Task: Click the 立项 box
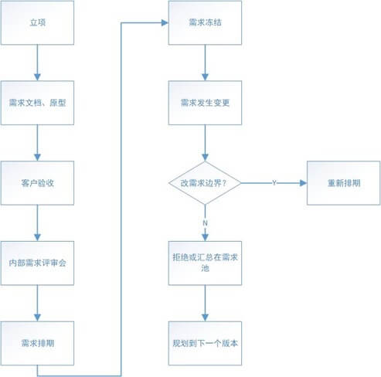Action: tap(37, 22)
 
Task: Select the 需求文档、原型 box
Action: tap(37, 103)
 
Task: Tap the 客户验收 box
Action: tap(37, 183)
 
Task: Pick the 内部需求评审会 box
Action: tap(37, 263)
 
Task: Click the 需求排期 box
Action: tap(37, 343)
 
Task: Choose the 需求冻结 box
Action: tap(205, 22)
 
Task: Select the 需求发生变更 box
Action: tap(205, 103)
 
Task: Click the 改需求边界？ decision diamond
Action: tap(205, 183)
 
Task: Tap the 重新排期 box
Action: tap(344, 183)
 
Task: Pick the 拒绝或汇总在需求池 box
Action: tap(205, 263)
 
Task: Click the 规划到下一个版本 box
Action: tap(205, 343)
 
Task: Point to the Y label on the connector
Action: tap(274, 183)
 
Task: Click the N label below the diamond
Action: tap(205, 223)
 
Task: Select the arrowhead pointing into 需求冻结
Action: tap(165, 23)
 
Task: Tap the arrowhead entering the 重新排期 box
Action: tap(304, 183)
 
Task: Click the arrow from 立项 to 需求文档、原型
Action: tap(37, 63)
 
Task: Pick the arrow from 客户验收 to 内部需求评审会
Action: tap(37, 223)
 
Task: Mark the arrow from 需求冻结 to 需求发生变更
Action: tap(205, 63)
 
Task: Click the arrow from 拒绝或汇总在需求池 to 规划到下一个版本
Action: tap(205, 303)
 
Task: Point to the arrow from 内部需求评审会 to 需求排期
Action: tap(37, 303)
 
